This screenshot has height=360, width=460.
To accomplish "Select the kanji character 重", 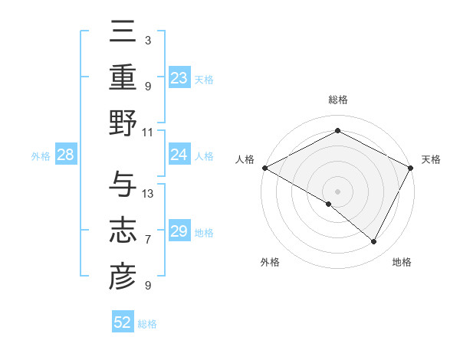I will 123,79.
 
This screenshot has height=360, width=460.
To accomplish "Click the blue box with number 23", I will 179,77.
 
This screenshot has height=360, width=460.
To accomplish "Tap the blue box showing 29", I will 179,232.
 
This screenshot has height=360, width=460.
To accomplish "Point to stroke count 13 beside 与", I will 148,193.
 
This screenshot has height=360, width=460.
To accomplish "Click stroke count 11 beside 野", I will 148,132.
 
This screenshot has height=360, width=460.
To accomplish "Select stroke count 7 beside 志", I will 148,240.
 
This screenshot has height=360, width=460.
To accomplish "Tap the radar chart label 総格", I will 337,100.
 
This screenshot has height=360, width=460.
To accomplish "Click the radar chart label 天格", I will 431,159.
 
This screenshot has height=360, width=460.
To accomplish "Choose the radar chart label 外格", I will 270,262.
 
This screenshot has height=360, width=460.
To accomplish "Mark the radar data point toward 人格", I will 264,167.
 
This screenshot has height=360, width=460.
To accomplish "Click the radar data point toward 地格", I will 374,242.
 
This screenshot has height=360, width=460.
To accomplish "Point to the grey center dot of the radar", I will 337,191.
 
